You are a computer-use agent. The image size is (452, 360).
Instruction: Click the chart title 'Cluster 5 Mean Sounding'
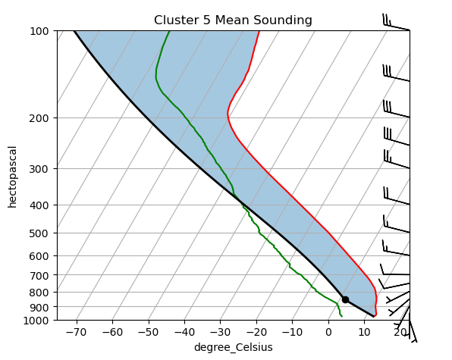click(x=233, y=20)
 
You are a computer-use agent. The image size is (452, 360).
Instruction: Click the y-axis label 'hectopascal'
click(x=12, y=176)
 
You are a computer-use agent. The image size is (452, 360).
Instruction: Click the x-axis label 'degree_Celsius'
click(x=233, y=347)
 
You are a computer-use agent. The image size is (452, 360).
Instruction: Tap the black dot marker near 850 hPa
click(x=345, y=299)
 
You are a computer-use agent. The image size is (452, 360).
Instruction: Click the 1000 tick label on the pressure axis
click(x=37, y=321)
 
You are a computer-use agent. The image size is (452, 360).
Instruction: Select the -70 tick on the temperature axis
click(x=76, y=332)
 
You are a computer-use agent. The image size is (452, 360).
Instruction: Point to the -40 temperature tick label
click(x=184, y=332)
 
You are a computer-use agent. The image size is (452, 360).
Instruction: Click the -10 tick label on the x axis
click(x=293, y=332)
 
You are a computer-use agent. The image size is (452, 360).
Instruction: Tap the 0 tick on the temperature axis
click(x=329, y=332)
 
